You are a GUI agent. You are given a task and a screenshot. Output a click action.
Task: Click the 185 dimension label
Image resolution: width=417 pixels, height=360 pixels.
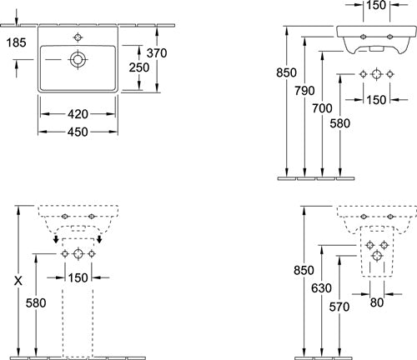(x=16, y=42)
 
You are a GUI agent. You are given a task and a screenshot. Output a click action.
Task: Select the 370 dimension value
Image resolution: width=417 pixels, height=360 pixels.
(x=157, y=52)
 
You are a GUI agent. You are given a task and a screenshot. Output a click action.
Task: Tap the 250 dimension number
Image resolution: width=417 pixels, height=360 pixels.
(x=139, y=67)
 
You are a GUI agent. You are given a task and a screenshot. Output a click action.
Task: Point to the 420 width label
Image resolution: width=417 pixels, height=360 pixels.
(x=78, y=114)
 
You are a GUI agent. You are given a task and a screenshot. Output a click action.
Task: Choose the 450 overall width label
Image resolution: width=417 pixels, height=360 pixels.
(x=78, y=132)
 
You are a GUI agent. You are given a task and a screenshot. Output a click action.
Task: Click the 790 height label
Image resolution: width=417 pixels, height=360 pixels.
(x=304, y=91)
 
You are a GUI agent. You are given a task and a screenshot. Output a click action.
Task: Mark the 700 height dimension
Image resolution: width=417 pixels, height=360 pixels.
(x=322, y=108)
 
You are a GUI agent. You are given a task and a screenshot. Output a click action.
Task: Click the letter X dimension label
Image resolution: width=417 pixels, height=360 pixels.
(x=18, y=281)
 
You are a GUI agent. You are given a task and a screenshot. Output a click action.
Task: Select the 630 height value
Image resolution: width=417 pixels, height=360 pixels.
(x=321, y=288)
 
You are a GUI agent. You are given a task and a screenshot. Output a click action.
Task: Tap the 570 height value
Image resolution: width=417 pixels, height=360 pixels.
(x=339, y=307)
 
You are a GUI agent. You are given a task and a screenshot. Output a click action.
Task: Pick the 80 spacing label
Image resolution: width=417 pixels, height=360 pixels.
(x=377, y=302)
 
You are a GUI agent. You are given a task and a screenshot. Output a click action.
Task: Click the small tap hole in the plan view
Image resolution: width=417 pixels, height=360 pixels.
(x=78, y=37)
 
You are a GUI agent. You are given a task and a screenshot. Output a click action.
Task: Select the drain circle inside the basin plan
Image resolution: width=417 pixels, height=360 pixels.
(x=78, y=59)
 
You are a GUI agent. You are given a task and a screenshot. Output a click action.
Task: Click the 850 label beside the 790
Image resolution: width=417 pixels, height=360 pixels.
(x=286, y=72)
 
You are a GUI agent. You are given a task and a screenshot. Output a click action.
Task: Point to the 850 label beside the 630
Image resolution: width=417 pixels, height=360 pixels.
(x=304, y=270)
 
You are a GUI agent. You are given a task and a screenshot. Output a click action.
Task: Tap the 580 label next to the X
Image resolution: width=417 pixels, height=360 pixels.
(x=36, y=302)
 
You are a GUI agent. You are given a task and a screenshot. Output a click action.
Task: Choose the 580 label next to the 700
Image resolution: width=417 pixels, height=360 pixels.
(x=340, y=123)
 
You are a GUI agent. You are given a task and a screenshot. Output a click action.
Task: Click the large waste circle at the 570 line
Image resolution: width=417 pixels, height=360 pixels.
(x=377, y=256)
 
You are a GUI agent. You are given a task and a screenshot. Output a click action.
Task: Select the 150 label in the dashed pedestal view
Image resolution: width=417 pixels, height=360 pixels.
(x=78, y=277)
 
